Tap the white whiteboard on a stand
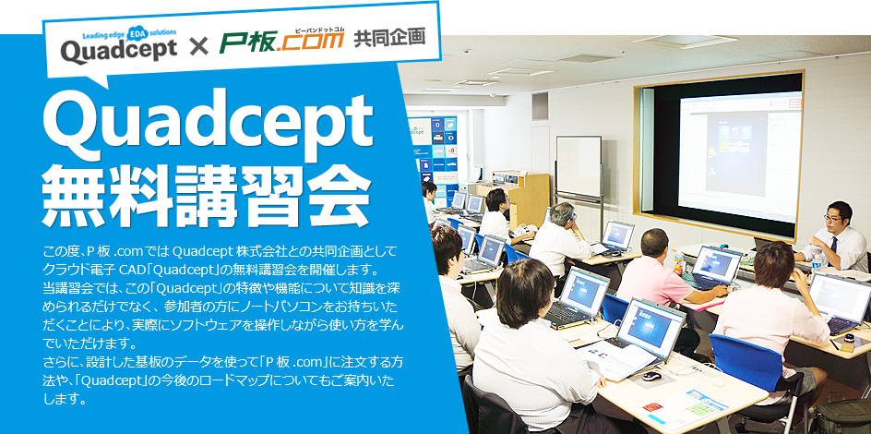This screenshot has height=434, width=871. [x=578, y=166]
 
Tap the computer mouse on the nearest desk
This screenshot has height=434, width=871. [x=651, y=376]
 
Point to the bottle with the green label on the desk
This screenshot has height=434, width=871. [x=679, y=262]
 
